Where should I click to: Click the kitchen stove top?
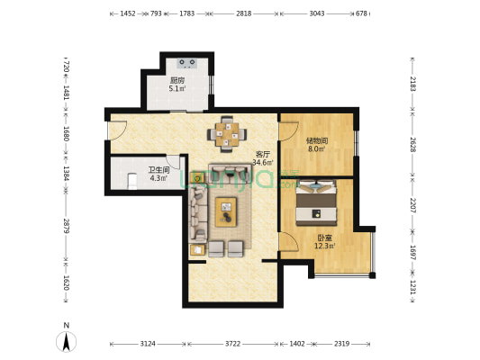(x=187, y=63)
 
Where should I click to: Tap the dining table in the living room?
(x=227, y=134)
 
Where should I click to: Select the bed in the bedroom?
(x=316, y=202)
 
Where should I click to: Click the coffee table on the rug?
(x=226, y=212)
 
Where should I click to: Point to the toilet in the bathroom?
(x=132, y=182)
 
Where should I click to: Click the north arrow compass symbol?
(x=66, y=341)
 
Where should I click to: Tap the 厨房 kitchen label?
(x=177, y=80)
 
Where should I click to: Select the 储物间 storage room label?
(x=317, y=141)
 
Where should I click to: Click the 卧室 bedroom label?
(x=324, y=238)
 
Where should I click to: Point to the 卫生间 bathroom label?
(x=158, y=170)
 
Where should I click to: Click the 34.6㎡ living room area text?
(x=263, y=162)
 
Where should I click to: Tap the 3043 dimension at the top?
(x=317, y=13)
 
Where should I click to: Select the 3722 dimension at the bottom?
(x=232, y=344)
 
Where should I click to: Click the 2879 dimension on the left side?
(x=66, y=226)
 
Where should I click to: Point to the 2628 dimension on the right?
(x=412, y=145)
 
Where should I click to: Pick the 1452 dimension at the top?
(x=128, y=13)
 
